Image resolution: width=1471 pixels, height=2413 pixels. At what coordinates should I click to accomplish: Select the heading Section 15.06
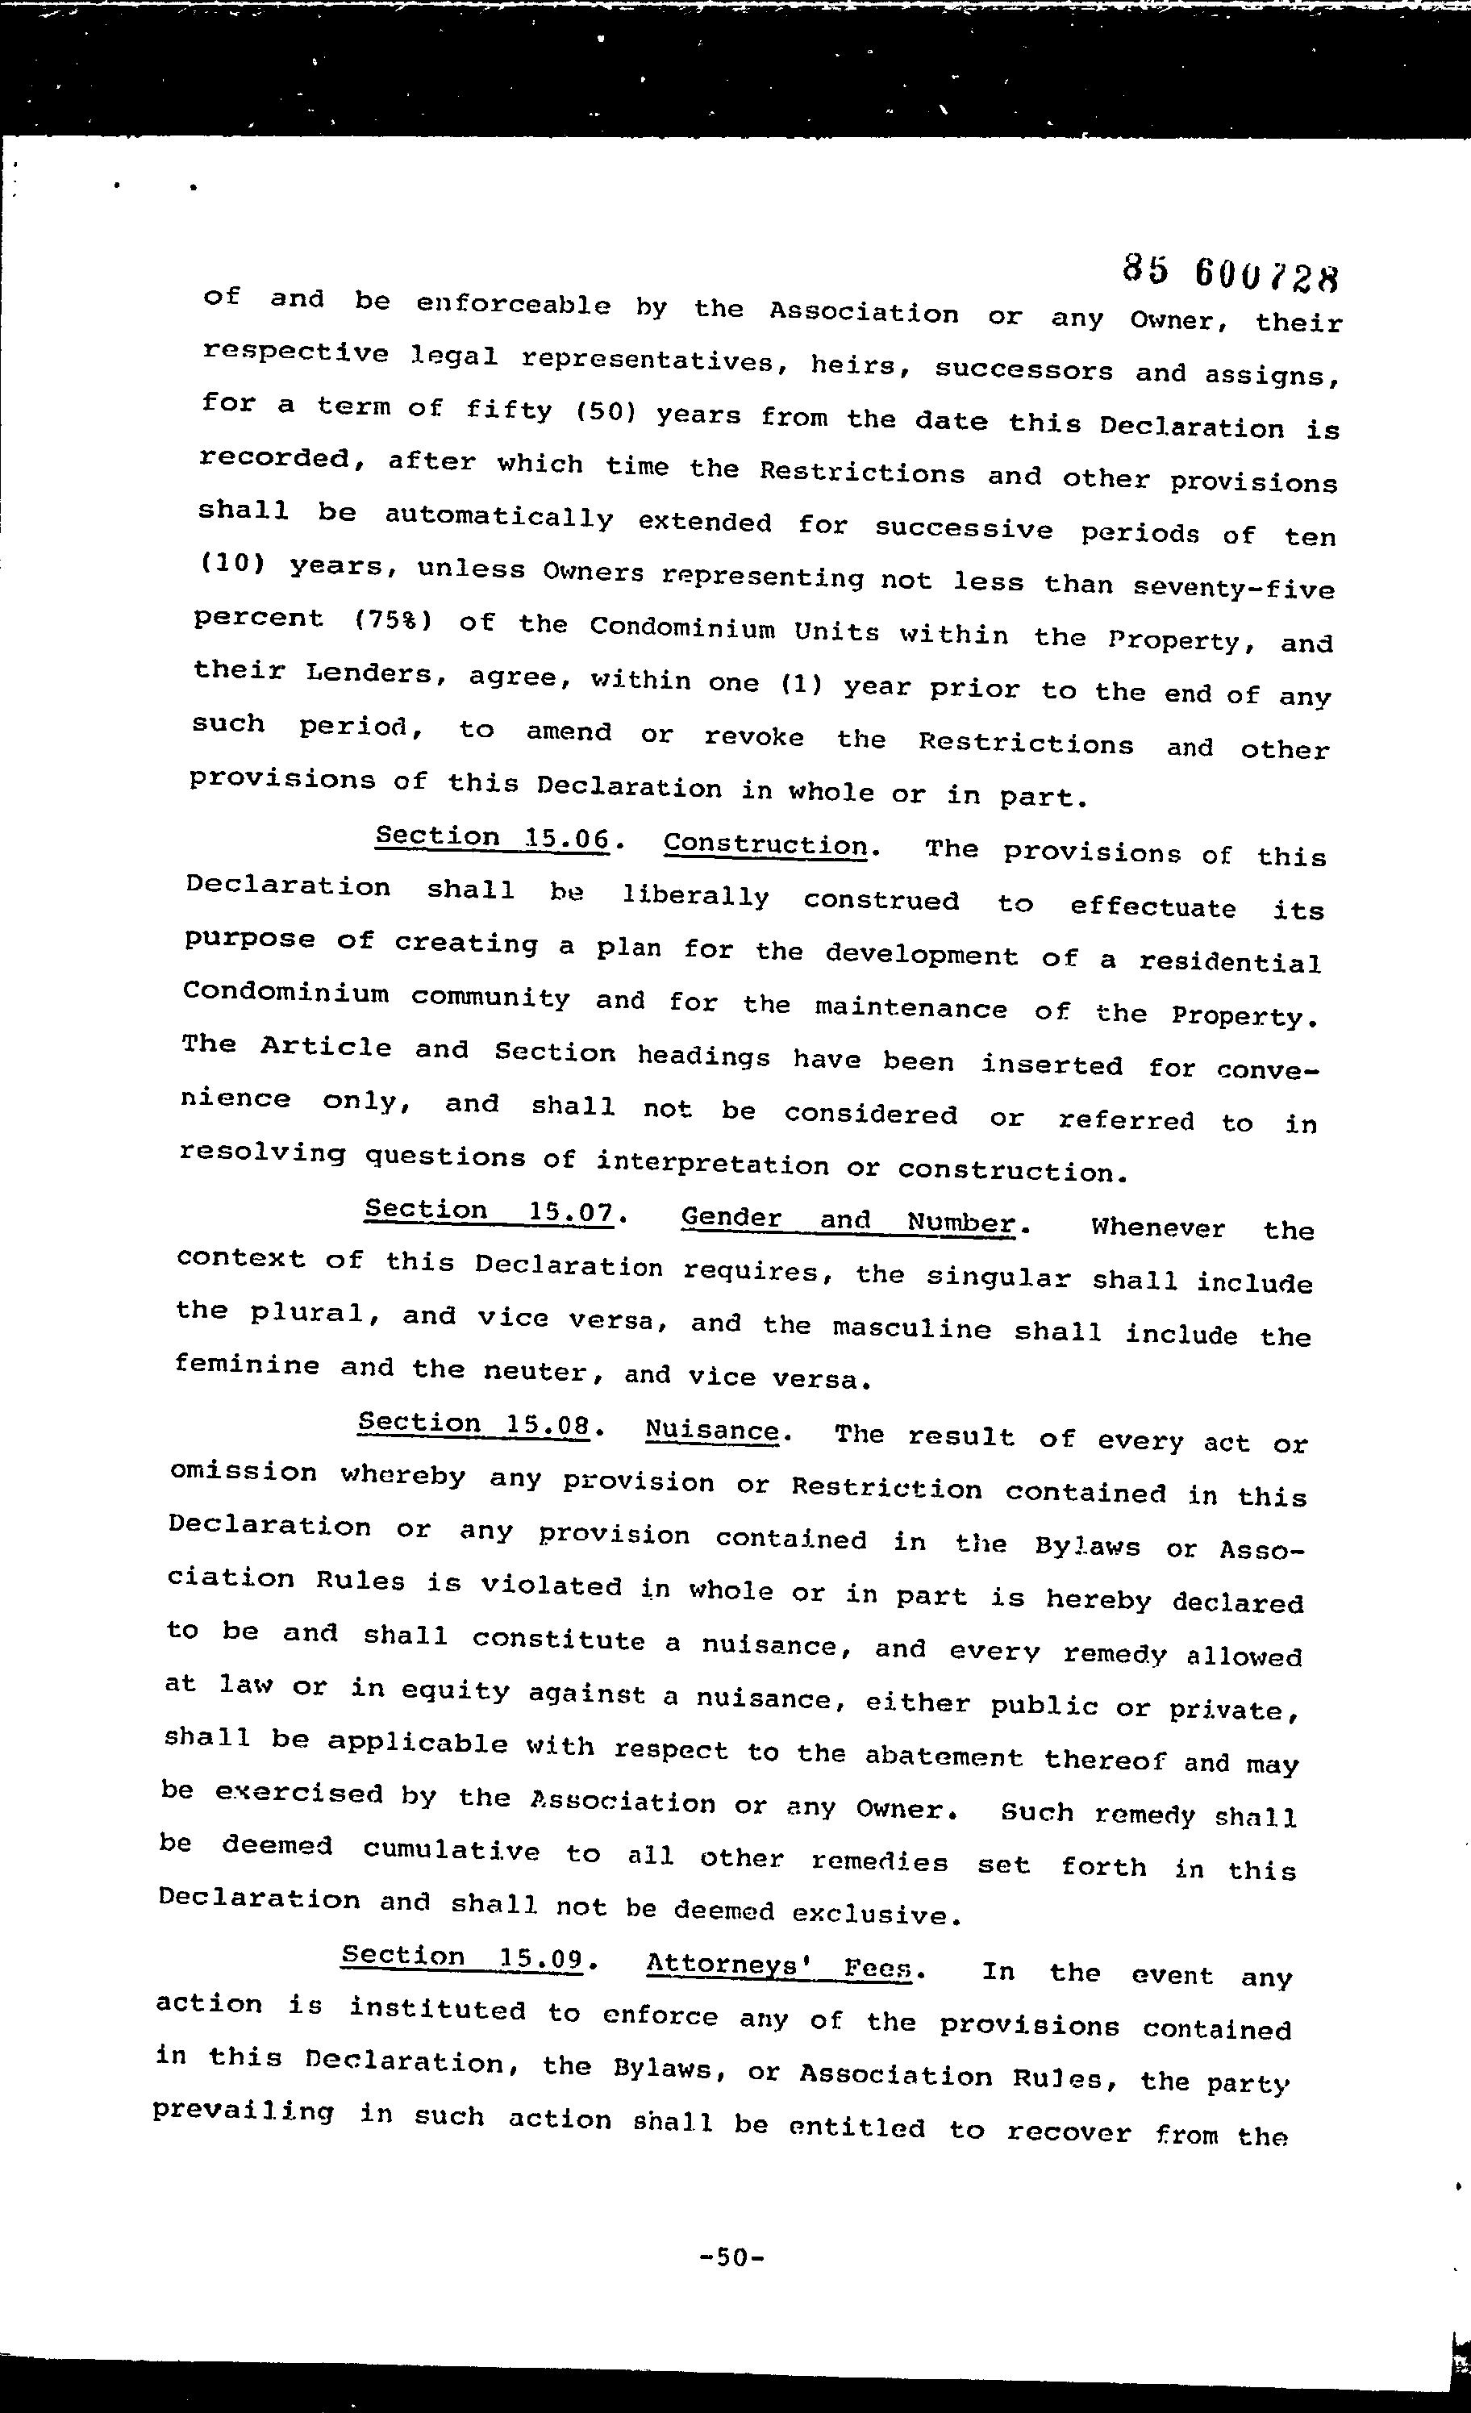pyautogui.click(x=493, y=838)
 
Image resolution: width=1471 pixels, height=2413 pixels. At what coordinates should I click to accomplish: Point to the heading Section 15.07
pyautogui.click(x=489, y=1212)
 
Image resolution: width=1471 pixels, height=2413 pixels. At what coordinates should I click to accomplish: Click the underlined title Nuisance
pyautogui.click(x=712, y=1431)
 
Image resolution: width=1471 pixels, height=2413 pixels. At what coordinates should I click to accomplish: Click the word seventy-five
pyautogui.click(x=1233, y=588)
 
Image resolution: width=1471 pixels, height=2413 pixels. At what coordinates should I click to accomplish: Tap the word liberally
pyautogui.click(x=695, y=897)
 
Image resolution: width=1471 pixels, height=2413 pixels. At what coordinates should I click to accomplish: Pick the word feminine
pyautogui.click(x=247, y=1365)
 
